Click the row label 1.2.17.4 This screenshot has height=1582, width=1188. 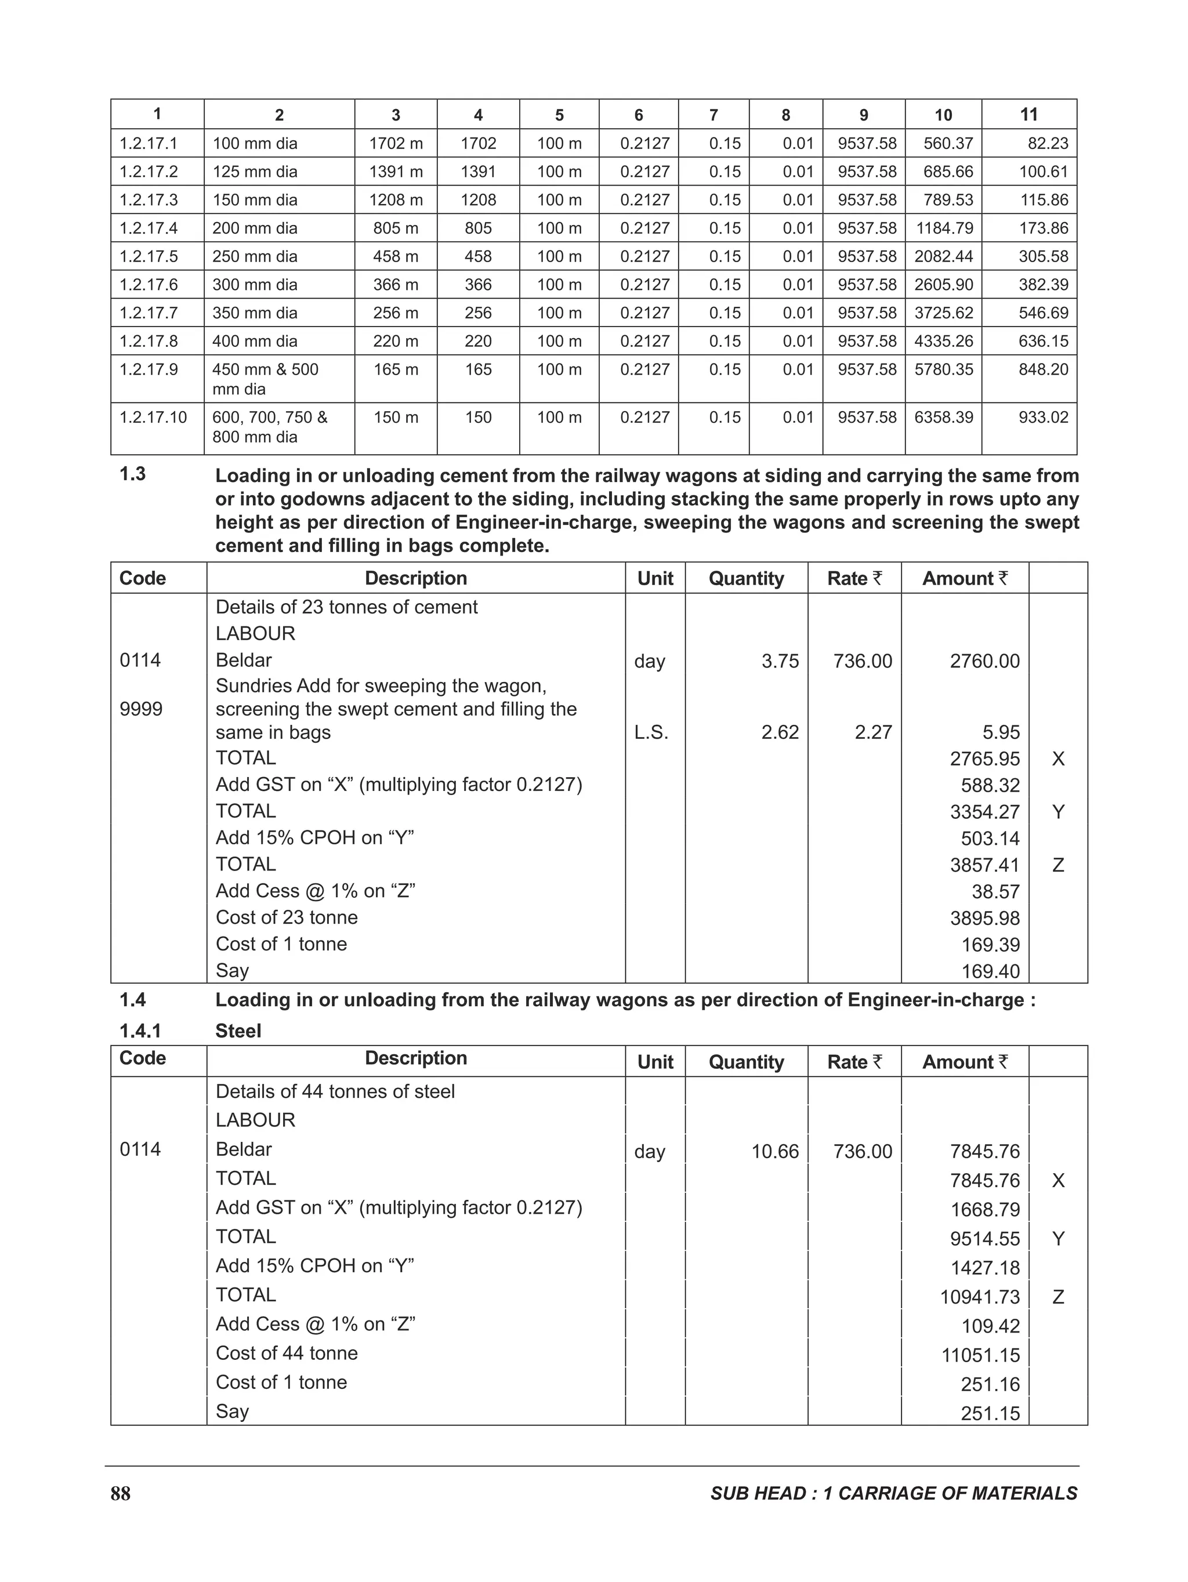(148, 228)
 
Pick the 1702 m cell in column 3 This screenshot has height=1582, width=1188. (396, 144)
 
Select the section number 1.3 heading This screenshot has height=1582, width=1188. (132, 474)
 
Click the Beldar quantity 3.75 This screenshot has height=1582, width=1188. (780, 661)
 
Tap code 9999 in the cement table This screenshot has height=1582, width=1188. (141, 709)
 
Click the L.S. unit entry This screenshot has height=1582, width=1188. (651, 732)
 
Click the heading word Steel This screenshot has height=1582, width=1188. (238, 1031)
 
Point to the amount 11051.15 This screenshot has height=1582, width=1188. (980, 1355)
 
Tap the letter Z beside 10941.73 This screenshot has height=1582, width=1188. (1058, 1297)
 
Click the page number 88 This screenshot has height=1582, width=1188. (121, 1493)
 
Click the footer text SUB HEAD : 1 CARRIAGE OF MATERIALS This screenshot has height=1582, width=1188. (893, 1493)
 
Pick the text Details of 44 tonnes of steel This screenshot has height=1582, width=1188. (335, 1091)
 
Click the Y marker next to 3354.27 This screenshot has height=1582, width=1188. (1058, 812)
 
